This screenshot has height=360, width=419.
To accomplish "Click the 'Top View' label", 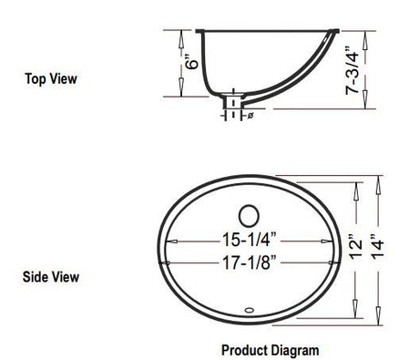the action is tap(51, 78).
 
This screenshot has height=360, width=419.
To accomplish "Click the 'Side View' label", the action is tap(51, 277).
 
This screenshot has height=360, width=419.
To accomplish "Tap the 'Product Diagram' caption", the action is tap(271, 350).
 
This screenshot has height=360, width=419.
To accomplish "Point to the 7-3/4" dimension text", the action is tap(353, 70).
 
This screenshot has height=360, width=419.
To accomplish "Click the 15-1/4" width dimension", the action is tap(250, 240).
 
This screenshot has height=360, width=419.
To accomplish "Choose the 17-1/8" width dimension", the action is tap(250, 262).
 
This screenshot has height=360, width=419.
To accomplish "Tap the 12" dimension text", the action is tap(355, 247).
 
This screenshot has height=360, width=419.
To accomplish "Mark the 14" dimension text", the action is tap(378, 247).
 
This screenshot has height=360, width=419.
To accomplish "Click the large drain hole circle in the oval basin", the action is tap(249, 216).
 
